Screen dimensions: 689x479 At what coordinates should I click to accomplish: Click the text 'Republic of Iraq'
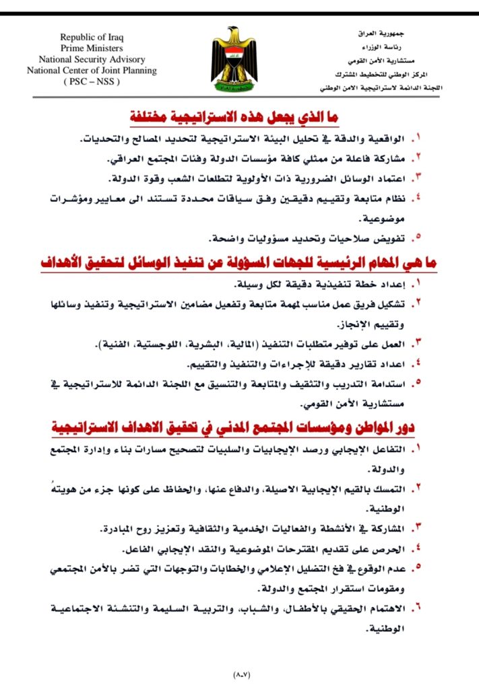point(92,38)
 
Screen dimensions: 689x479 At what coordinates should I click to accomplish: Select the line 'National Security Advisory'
point(92,59)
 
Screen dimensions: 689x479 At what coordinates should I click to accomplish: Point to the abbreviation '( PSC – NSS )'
point(92,81)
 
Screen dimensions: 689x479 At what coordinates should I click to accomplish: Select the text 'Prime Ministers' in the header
point(92,48)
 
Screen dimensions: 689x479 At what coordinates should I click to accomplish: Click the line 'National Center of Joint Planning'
point(92,70)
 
